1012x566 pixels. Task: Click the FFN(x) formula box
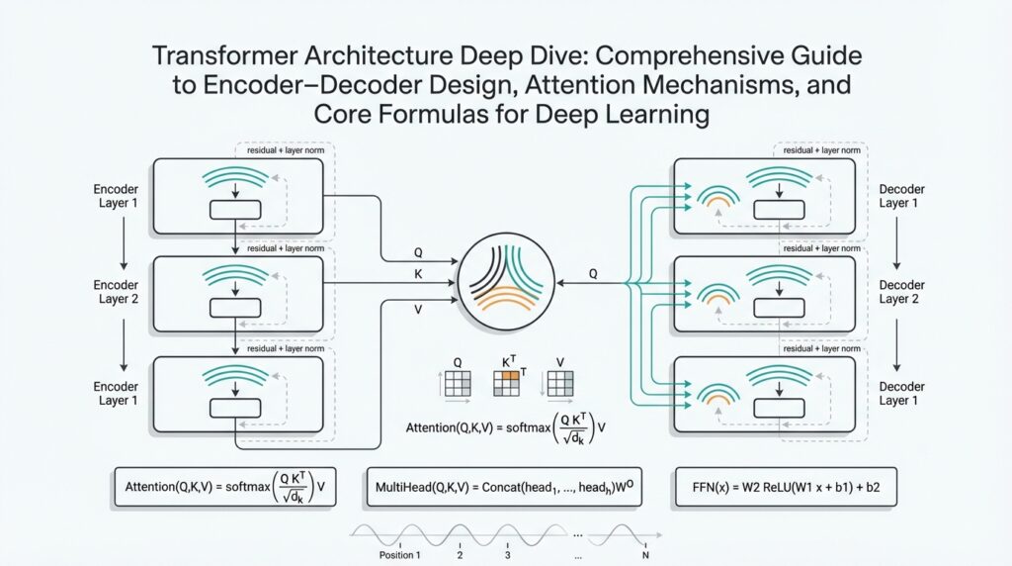[785, 487]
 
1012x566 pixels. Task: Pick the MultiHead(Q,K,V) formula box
[503, 487]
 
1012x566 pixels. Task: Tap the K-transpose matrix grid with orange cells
[505, 382]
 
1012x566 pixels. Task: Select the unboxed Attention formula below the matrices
[505, 426]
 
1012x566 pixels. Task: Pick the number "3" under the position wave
[509, 554]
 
